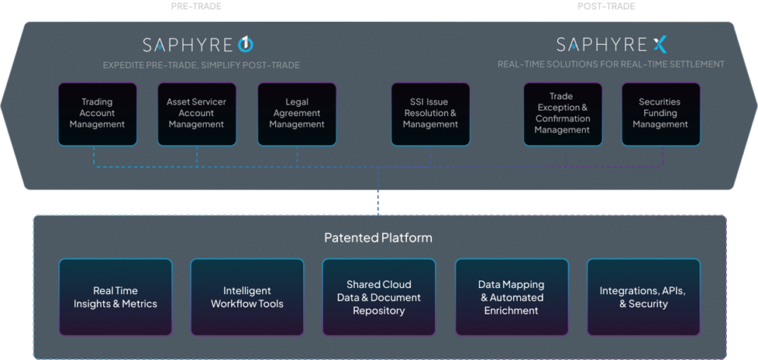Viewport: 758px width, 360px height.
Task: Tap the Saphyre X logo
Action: click(611, 44)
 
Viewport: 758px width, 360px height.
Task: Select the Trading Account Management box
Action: click(97, 114)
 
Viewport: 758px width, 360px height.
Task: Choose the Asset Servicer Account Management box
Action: click(196, 114)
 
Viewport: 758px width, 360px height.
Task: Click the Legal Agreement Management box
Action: click(296, 114)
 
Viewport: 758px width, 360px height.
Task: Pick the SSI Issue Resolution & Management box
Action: click(431, 114)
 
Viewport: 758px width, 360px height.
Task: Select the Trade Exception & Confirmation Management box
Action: click(562, 114)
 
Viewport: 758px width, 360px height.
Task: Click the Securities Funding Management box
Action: click(660, 114)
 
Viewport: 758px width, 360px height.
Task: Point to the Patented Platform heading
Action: click(378, 238)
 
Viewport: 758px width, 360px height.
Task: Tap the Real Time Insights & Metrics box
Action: click(115, 297)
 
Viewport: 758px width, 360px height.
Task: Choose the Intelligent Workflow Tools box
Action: click(247, 297)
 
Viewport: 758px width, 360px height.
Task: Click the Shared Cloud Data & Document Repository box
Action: click(379, 297)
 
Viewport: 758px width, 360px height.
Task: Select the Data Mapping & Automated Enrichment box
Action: click(511, 297)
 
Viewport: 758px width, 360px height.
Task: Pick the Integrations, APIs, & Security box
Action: click(643, 297)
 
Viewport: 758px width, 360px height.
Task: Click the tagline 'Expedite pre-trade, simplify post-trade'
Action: click(202, 65)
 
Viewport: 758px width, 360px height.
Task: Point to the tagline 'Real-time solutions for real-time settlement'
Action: click(611, 64)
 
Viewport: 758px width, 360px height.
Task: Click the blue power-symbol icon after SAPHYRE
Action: click(245, 44)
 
